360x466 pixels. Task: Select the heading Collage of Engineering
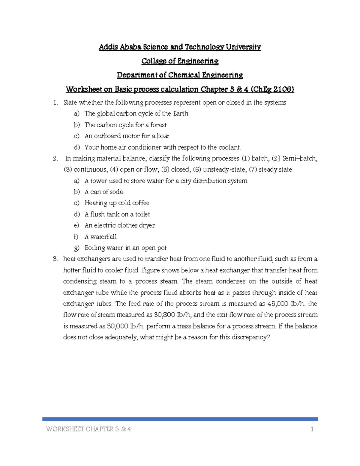click(180, 61)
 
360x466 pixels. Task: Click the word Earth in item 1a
click(181, 114)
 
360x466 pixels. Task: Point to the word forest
click(158, 125)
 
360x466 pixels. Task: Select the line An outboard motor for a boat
click(127, 136)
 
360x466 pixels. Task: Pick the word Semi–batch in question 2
click(300, 158)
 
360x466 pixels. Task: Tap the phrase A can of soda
click(104, 192)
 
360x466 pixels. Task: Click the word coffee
click(141, 203)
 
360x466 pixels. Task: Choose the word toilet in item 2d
click(142, 214)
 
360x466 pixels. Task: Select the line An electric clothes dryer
click(120, 225)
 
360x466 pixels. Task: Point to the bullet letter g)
click(77, 248)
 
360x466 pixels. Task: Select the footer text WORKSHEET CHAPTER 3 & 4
click(88, 429)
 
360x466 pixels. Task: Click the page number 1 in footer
click(312, 429)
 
